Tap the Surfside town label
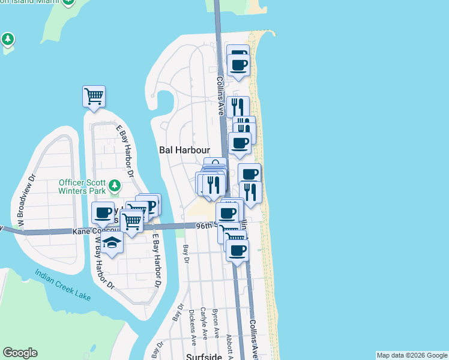point(205,356)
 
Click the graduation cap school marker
point(112,242)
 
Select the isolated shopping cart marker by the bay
point(94,95)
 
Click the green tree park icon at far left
point(7,40)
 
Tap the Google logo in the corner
point(20,353)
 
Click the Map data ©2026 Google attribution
point(412,355)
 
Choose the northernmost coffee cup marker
point(238,53)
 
